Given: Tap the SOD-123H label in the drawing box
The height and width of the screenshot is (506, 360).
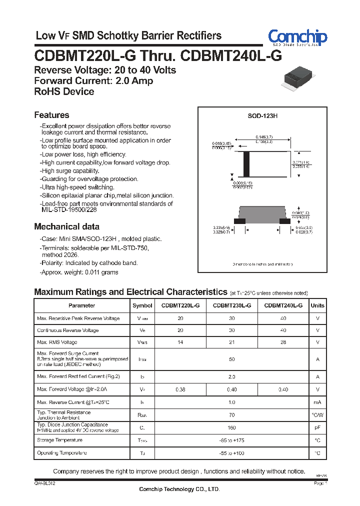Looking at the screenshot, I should (262, 116).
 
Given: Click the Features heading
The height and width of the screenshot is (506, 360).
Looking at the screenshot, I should (51, 115).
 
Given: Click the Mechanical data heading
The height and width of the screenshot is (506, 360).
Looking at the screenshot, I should (66, 226).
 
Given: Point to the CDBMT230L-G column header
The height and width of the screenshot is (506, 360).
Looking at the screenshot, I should (232, 305).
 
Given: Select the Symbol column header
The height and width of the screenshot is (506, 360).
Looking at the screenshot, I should (142, 305).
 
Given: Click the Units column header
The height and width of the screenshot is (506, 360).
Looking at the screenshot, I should (317, 305).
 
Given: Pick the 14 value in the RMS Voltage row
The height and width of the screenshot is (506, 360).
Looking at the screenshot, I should (180, 342).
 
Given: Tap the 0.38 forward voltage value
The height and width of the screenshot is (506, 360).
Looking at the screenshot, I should (180, 389).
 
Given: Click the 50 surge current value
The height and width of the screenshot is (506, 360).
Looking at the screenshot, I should (231, 359).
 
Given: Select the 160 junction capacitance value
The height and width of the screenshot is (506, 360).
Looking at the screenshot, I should (231, 427).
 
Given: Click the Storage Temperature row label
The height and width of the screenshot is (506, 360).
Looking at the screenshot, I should (60, 440).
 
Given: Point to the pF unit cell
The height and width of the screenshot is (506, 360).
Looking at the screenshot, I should (317, 427).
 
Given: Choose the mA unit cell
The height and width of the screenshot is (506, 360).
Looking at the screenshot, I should (317, 402).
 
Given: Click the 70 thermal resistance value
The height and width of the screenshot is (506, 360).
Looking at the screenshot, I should (231, 415).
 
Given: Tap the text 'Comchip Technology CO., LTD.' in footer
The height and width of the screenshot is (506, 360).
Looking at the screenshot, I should (179, 489).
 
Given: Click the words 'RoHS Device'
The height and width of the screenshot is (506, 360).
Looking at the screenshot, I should (64, 91).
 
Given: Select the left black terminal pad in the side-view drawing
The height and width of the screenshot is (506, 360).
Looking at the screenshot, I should (240, 220).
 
